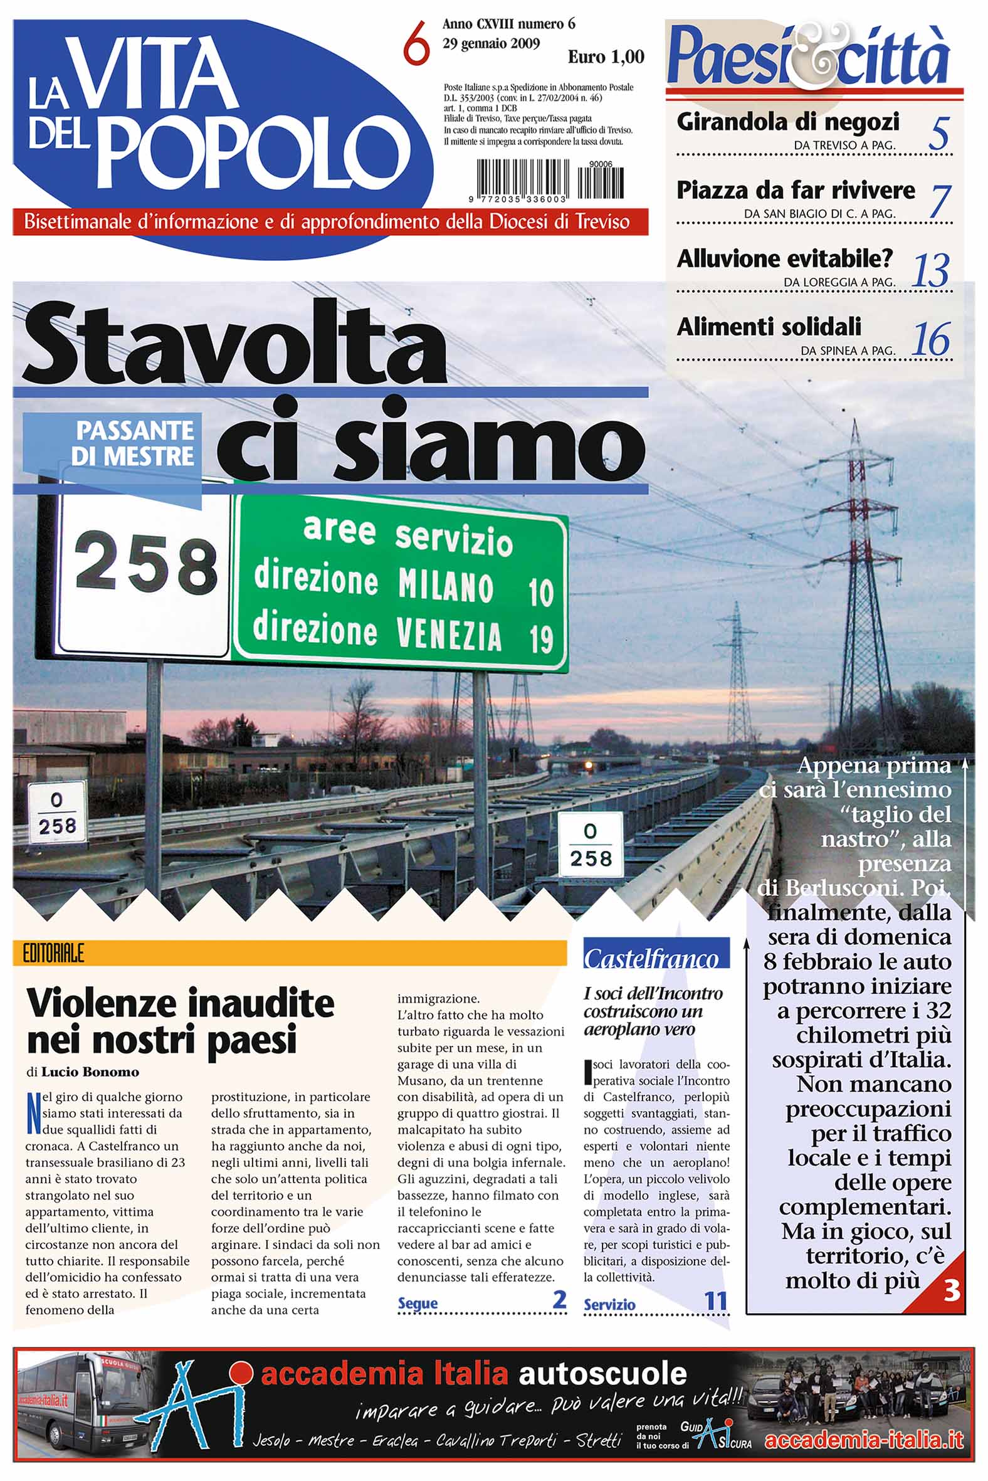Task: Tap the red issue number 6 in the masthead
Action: [416, 43]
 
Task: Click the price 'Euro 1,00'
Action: [606, 57]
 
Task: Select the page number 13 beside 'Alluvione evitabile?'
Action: [931, 271]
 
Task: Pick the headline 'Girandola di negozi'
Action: [787, 122]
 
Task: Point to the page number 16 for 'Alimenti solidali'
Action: [931, 339]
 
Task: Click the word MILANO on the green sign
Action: [446, 586]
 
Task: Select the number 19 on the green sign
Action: [540, 639]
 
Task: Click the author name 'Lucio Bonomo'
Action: [90, 1072]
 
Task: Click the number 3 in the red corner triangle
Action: [951, 1292]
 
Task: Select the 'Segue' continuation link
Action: [418, 1303]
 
